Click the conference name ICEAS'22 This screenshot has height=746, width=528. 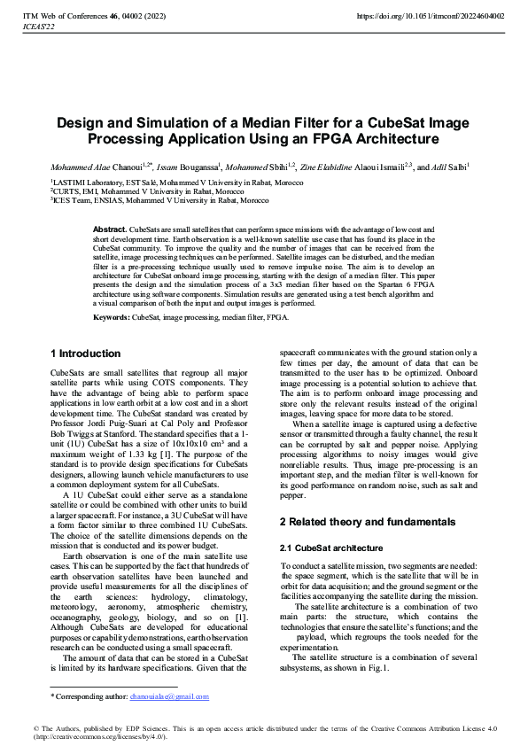coord(38,27)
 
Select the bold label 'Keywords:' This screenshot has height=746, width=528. coord(113,315)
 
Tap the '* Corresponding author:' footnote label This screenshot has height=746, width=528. coord(89,697)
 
